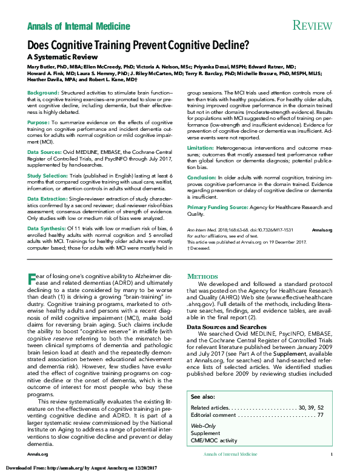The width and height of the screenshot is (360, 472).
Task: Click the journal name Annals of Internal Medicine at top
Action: [x=78, y=26]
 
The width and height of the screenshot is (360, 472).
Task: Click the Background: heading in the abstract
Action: [x=43, y=92]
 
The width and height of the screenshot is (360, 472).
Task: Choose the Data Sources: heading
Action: [x=44, y=152]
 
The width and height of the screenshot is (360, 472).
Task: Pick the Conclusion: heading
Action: [x=201, y=177]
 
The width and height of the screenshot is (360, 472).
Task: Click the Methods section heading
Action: [x=203, y=276]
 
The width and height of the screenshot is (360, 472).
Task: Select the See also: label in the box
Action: [x=202, y=396]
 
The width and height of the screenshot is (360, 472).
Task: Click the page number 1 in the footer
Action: [x=331, y=454]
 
